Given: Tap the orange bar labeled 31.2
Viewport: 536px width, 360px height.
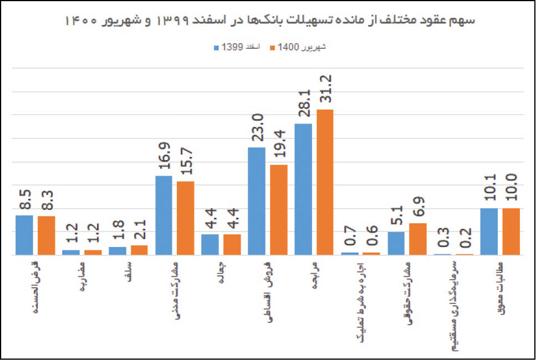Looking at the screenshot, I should tap(325, 183).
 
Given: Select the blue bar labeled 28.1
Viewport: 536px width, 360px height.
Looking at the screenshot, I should tap(303, 189).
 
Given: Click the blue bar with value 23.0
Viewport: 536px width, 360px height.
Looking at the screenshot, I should tap(256, 201).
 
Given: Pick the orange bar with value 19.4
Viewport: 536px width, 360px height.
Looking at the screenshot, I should tap(278, 210).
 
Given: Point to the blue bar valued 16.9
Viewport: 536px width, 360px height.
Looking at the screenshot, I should tap(164, 215).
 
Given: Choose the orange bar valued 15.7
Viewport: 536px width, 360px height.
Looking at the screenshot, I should tap(186, 218).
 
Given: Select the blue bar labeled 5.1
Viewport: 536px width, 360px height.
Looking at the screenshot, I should tap(396, 244).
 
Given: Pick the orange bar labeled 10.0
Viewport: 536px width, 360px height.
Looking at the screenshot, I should tap(511, 232).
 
